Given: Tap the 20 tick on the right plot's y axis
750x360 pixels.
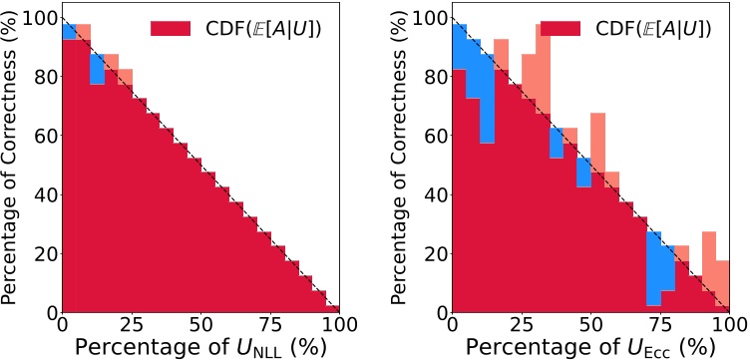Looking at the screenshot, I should coord(431,253).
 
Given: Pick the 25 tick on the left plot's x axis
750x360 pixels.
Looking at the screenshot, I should coord(132,325).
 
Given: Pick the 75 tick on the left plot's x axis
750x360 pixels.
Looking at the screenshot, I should coord(270,325).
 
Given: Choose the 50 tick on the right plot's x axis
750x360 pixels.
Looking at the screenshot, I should coord(590,325).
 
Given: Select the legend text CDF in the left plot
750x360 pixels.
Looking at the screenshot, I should coord(259,28).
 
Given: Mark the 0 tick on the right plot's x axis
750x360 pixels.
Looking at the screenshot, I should coord(453,325).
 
